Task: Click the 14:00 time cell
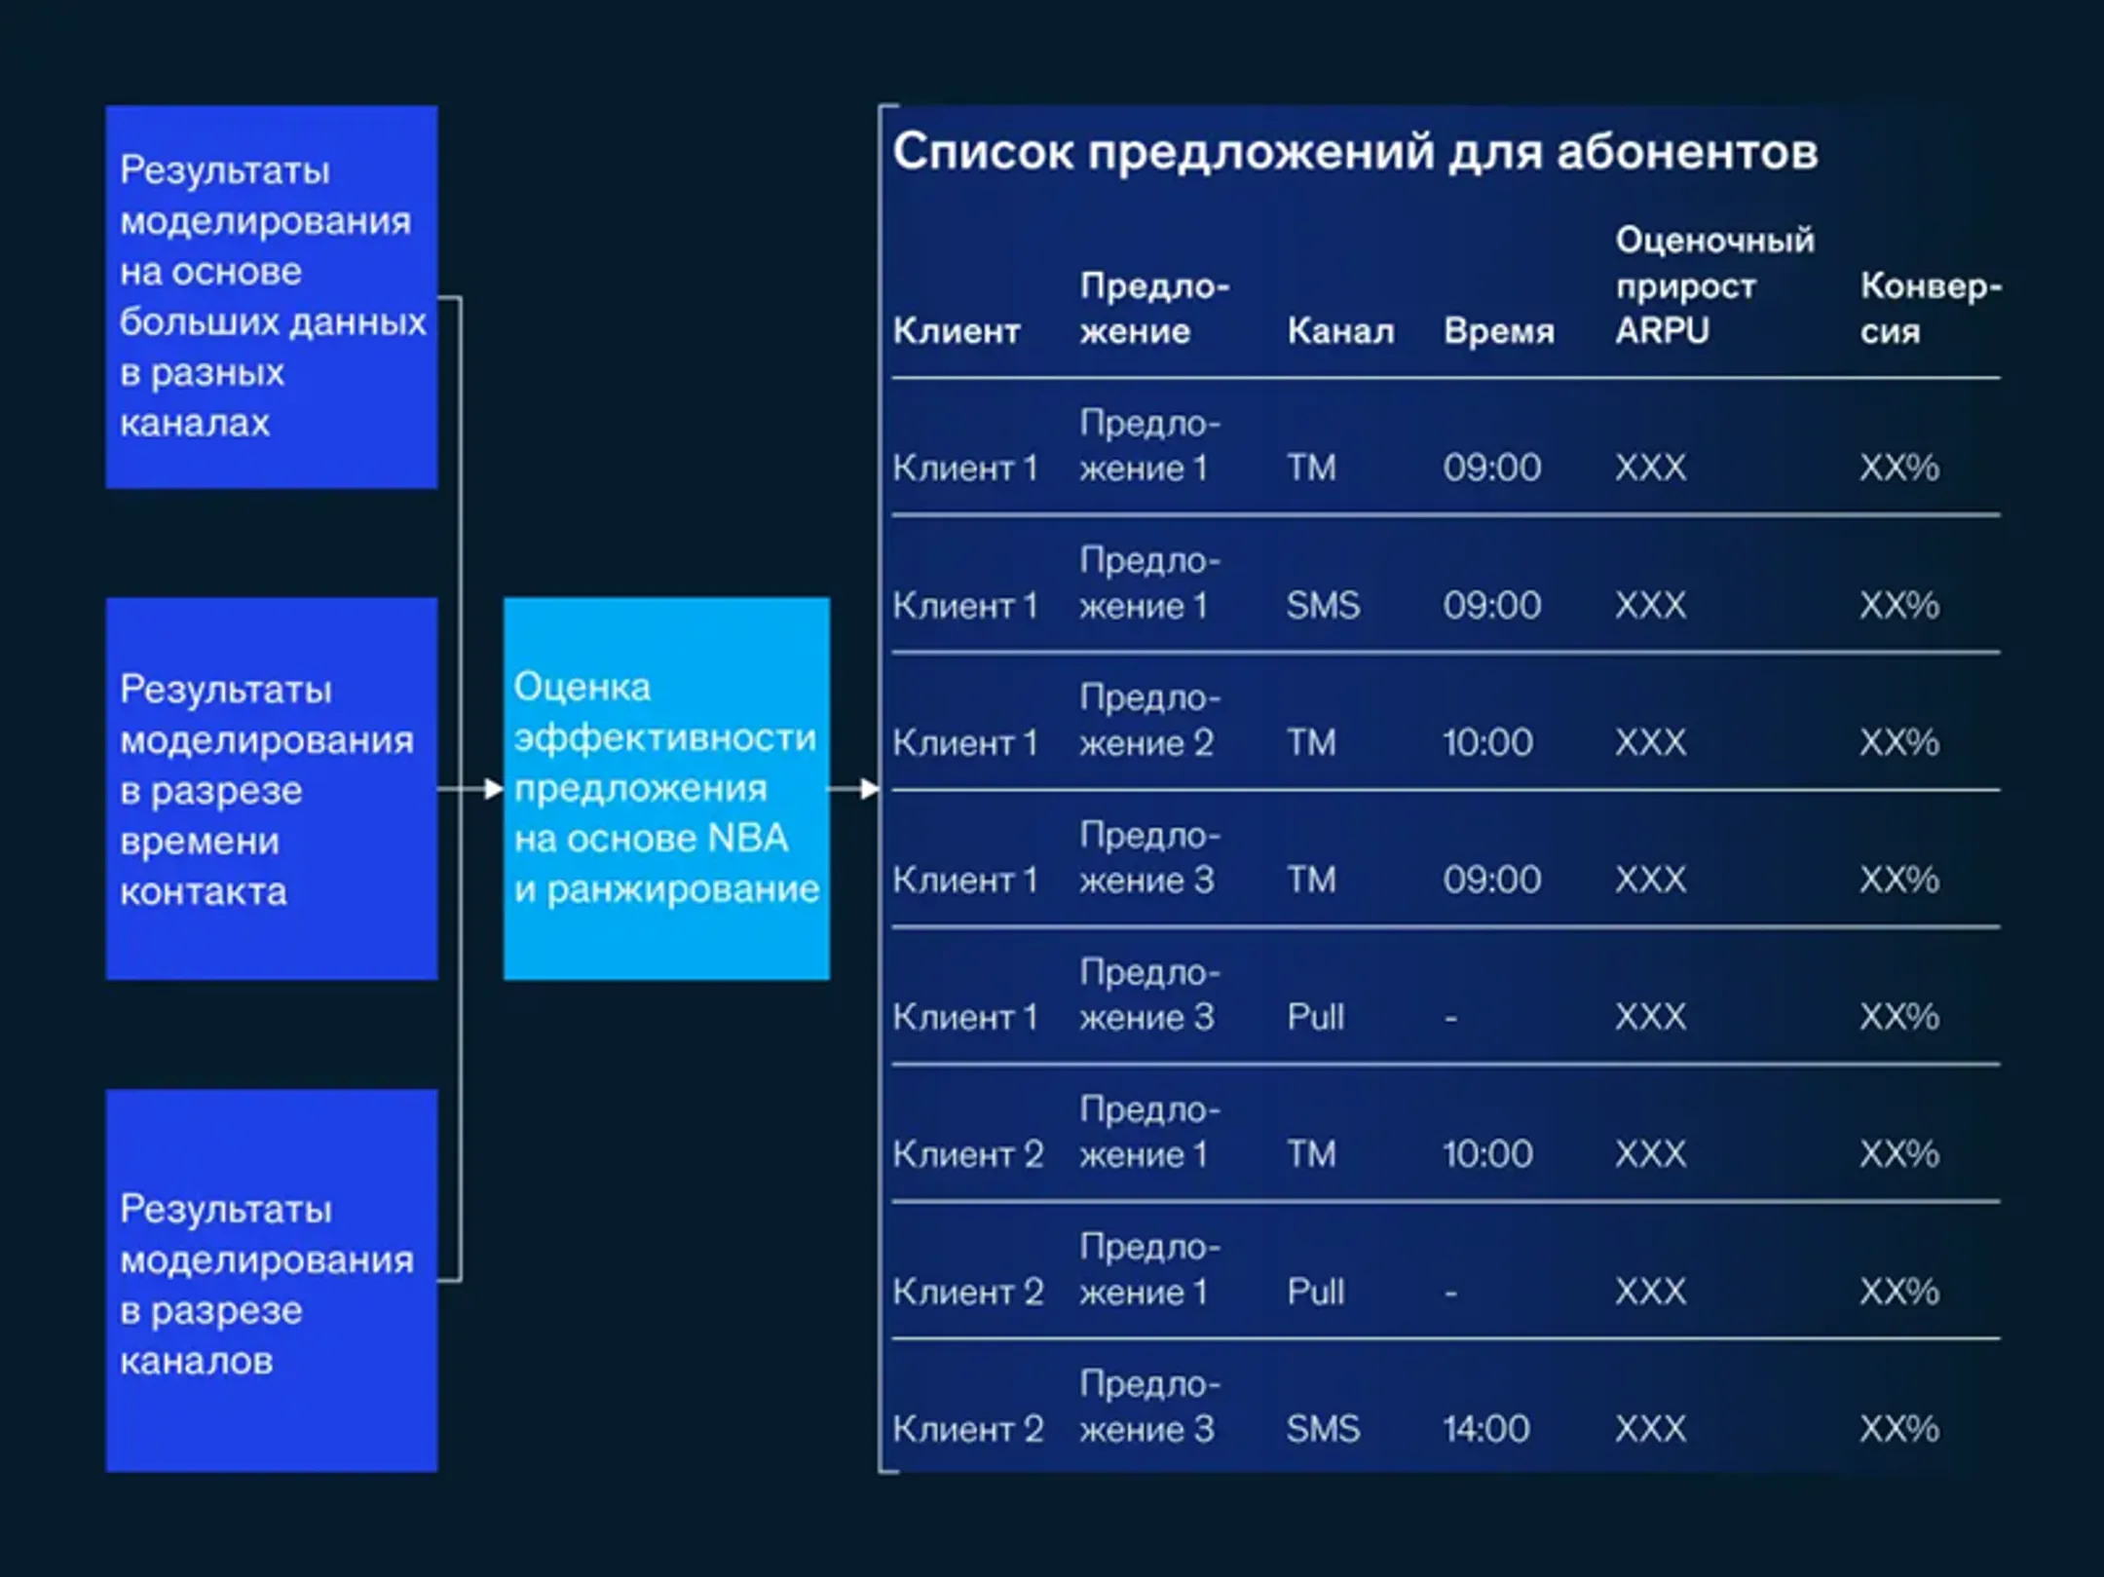pyautogui.click(x=1486, y=1429)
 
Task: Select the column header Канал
pyautogui.click(x=1340, y=331)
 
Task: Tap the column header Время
pyautogui.click(x=1499, y=331)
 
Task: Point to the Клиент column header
pyautogui.click(x=957, y=331)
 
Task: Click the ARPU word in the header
pyautogui.click(x=1662, y=331)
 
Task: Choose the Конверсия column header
pyautogui.click(x=1930, y=308)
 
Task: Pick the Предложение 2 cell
pyautogui.click(x=1147, y=721)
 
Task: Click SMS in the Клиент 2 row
pyautogui.click(x=1323, y=1429)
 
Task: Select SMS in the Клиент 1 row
pyautogui.click(x=1323, y=606)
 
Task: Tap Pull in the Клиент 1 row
pyautogui.click(x=1315, y=1017)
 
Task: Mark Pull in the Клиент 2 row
pyautogui.click(x=1315, y=1292)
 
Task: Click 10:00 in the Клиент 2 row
pyautogui.click(x=1487, y=1154)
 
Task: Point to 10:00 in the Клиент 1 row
pyautogui.click(x=1487, y=743)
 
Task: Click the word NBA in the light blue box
pyautogui.click(x=747, y=839)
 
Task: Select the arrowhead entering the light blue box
pyautogui.click(x=494, y=789)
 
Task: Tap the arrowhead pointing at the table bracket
pyautogui.click(x=870, y=789)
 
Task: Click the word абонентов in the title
pyautogui.click(x=1687, y=153)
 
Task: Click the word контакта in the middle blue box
pyautogui.click(x=204, y=892)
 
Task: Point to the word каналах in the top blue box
pyautogui.click(x=195, y=424)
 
